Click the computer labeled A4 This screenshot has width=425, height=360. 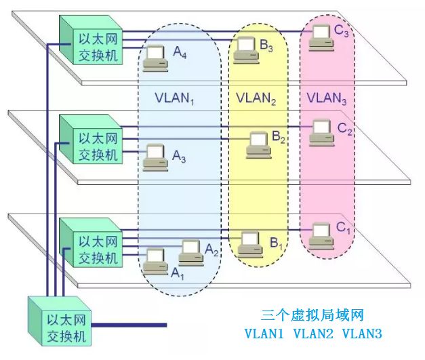155,58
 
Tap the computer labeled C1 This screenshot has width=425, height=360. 321,235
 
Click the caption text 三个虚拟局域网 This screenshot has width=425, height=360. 312,315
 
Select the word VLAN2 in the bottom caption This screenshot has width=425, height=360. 313,334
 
